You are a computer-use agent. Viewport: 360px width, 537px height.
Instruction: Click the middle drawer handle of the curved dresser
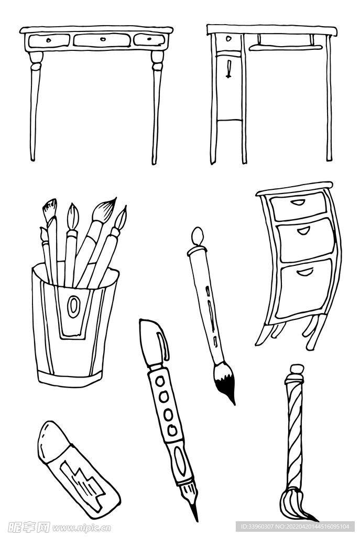pyautogui.click(x=304, y=231)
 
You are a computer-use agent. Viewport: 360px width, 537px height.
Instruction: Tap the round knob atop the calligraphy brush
pyautogui.click(x=197, y=237)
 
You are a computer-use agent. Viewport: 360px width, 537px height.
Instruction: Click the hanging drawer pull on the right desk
pyautogui.click(x=228, y=68)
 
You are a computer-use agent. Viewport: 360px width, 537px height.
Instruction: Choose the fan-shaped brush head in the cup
pyautogui.click(x=50, y=210)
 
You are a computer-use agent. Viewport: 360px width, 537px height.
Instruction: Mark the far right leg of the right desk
pyautogui.click(x=329, y=100)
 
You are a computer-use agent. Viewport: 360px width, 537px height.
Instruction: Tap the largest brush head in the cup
pyautogui.click(x=104, y=210)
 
